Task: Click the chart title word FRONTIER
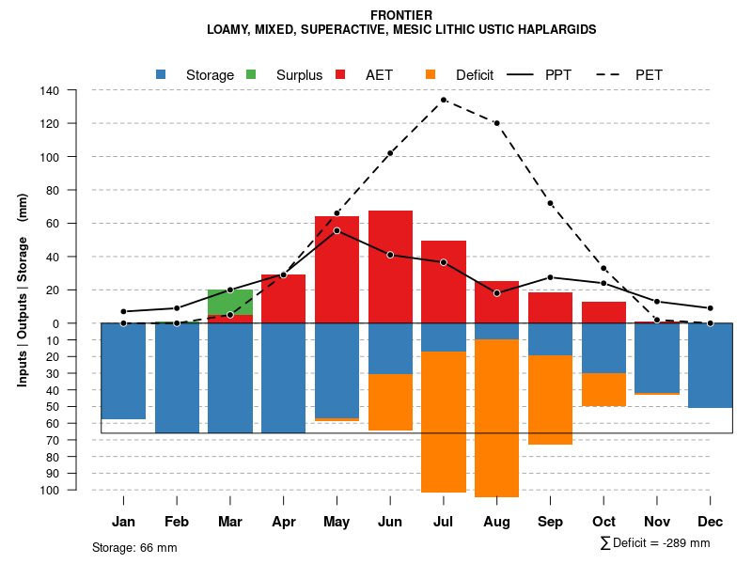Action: click(x=401, y=15)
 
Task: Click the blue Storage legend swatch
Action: click(x=161, y=74)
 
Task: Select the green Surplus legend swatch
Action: click(x=251, y=74)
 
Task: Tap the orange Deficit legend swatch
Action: click(x=431, y=74)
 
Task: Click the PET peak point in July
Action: click(x=444, y=100)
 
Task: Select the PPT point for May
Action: click(x=337, y=230)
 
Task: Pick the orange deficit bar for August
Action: click(x=497, y=418)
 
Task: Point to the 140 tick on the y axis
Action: click(x=50, y=91)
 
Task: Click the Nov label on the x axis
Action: click(x=657, y=522)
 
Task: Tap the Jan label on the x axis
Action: click(x=124, y=522)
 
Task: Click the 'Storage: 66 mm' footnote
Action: click(x=134, y=547)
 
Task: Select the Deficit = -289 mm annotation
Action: click(x=655, y=542)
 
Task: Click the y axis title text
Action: click(x=23, y=290)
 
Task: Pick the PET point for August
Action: click(x=496, y=123)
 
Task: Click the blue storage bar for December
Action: click(x=710, y=366)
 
